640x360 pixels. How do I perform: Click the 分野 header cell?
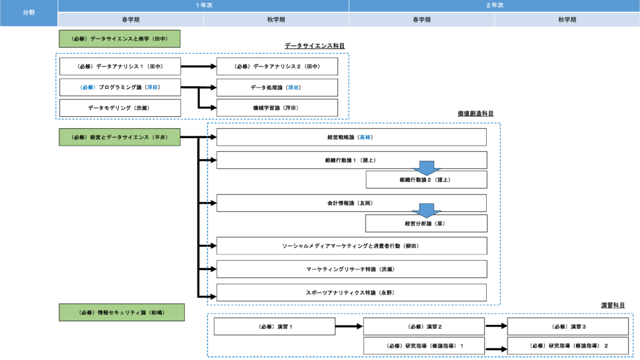click(29, 12)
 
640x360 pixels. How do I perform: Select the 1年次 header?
click(203, 5)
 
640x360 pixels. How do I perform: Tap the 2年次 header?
click(494, 5)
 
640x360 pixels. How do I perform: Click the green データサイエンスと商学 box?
click(119, 39)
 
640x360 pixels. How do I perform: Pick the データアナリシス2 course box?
click(277, 66)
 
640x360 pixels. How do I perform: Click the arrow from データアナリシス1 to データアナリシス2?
click(198, 66)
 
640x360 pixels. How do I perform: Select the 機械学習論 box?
click(277, 107)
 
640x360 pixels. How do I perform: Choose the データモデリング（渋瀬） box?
click(120, 107)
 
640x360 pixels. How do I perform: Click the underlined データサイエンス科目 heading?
click(315, 46)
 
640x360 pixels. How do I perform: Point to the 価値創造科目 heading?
click(476, 114)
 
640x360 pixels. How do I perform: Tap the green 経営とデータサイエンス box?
click(119, 137)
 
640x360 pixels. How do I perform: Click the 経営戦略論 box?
click(351, 137)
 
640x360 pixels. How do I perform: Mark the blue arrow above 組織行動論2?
click(426, 167)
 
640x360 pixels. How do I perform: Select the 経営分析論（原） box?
click(426, 223)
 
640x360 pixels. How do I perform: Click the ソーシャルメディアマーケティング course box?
click(351, 246)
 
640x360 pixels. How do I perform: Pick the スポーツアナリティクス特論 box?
click(351, 292)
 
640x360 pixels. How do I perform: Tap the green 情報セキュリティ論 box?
click(122, 312)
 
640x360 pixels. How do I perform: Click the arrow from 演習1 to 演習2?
click(349, 326)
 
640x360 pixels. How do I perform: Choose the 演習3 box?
click(567, 326)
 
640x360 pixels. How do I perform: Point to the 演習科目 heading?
click(613, 305)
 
